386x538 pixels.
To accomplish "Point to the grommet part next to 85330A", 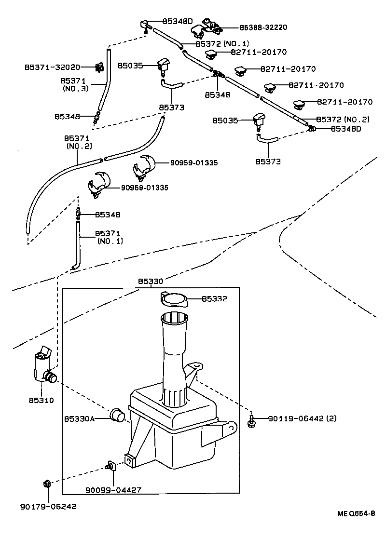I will pos(118,415).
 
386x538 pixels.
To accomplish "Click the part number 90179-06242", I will pos(48,506).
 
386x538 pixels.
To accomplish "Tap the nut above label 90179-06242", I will pos(47,483).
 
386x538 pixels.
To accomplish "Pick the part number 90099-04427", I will pos(113,490).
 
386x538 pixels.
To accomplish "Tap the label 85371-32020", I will pos(53,67).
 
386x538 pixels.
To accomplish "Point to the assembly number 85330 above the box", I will pos(151,281).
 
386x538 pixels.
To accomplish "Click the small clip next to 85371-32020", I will pos(99,67).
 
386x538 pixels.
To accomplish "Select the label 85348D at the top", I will pos(177,21).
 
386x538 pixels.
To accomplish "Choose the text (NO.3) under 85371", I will pos(75,89).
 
